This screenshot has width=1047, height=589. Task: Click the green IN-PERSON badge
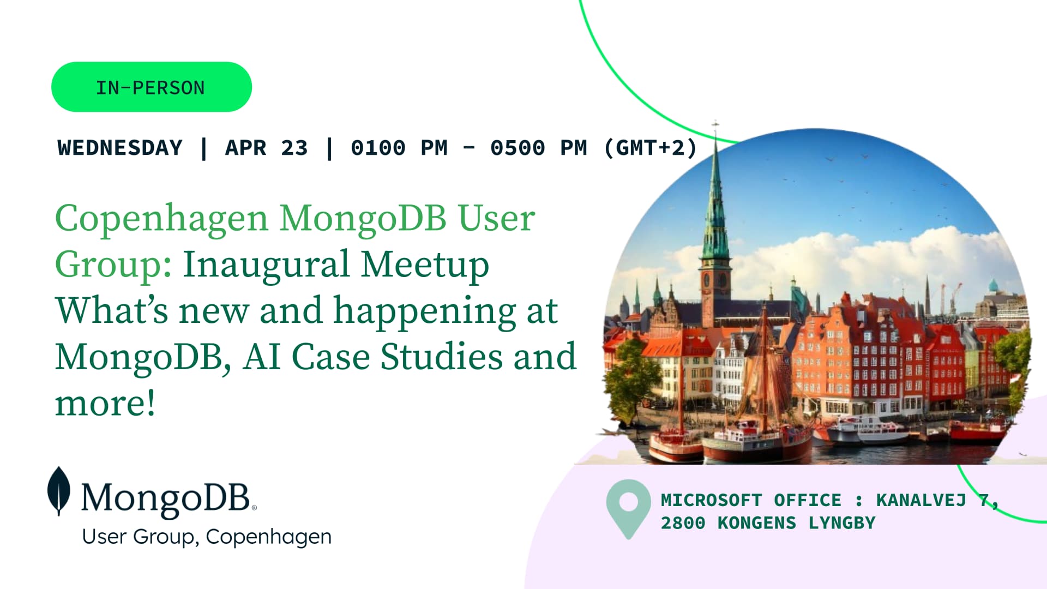click(152, 87)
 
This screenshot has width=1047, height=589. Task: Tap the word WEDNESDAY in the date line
click(120, 148)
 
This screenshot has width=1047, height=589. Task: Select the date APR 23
click(266, 148)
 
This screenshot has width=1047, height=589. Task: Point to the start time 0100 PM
click(399, 148)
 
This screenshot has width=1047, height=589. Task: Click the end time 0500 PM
click(539, 148)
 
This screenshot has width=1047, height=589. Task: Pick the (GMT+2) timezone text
click(651, 148)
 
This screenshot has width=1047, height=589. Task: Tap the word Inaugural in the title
click(266, 264)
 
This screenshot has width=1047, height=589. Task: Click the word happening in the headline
click(425, 311)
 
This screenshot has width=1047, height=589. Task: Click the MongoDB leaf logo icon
click(59, 491)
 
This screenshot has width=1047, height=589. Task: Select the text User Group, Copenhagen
click(207, 537)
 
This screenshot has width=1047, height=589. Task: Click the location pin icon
click(628, 509)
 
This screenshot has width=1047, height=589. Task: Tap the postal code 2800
click(683, 523)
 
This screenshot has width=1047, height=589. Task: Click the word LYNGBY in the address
click(842, 523)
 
